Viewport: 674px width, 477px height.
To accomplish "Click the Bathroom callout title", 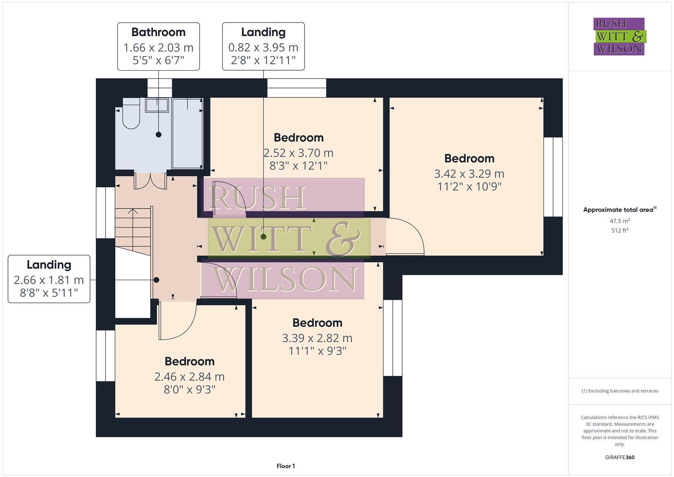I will click(x=158, y=32).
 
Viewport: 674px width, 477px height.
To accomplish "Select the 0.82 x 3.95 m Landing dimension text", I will click(x=263, y=47).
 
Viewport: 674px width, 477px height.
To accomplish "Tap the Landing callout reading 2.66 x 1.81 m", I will click(x=49, y=279).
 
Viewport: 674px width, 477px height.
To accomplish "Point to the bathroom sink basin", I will click(x=157, y=105).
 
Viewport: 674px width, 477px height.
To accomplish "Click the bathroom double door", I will click(x=150, y=181).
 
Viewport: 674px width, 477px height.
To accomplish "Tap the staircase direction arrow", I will click(x=132, y=212).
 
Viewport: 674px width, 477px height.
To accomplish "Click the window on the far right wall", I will click(x=553, y=177).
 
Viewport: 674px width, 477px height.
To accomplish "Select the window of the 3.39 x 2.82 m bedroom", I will click(x=392, y=338).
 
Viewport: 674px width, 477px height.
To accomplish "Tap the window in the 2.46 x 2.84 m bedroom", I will click(x=105, y=356).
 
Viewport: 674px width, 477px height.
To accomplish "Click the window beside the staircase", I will click(x=105, y=213).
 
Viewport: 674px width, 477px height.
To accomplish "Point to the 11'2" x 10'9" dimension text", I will click(x=469, y=187).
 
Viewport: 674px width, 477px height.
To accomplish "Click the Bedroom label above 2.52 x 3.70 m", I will click(x=298, y=138).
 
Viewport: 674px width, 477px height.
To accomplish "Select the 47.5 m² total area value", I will click(x=620, y=221).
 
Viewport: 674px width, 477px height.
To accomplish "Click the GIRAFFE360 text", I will click(x=620, y=457).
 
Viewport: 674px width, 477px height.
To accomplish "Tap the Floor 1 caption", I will click(x=286, y=466).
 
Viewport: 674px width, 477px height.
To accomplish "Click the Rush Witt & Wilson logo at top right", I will click(x=619, y=37).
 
